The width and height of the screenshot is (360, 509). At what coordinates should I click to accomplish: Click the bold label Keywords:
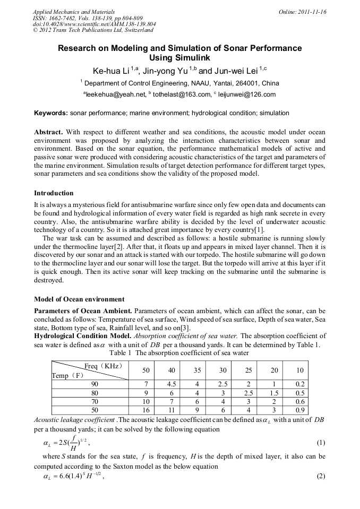click(x=51, y=113)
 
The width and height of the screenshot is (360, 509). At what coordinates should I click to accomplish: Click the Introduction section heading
click(x=54, y=193)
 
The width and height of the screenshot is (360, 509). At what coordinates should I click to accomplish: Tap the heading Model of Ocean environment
click(x=79, y=299)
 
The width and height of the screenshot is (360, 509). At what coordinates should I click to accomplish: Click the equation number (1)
click(x=320, y=442)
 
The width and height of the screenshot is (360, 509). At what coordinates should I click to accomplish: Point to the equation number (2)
click(x=320, y=476)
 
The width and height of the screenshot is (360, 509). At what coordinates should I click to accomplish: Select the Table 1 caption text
click(x=179, y=352)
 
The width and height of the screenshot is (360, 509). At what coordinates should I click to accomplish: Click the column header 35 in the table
click(x=197, y=369)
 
